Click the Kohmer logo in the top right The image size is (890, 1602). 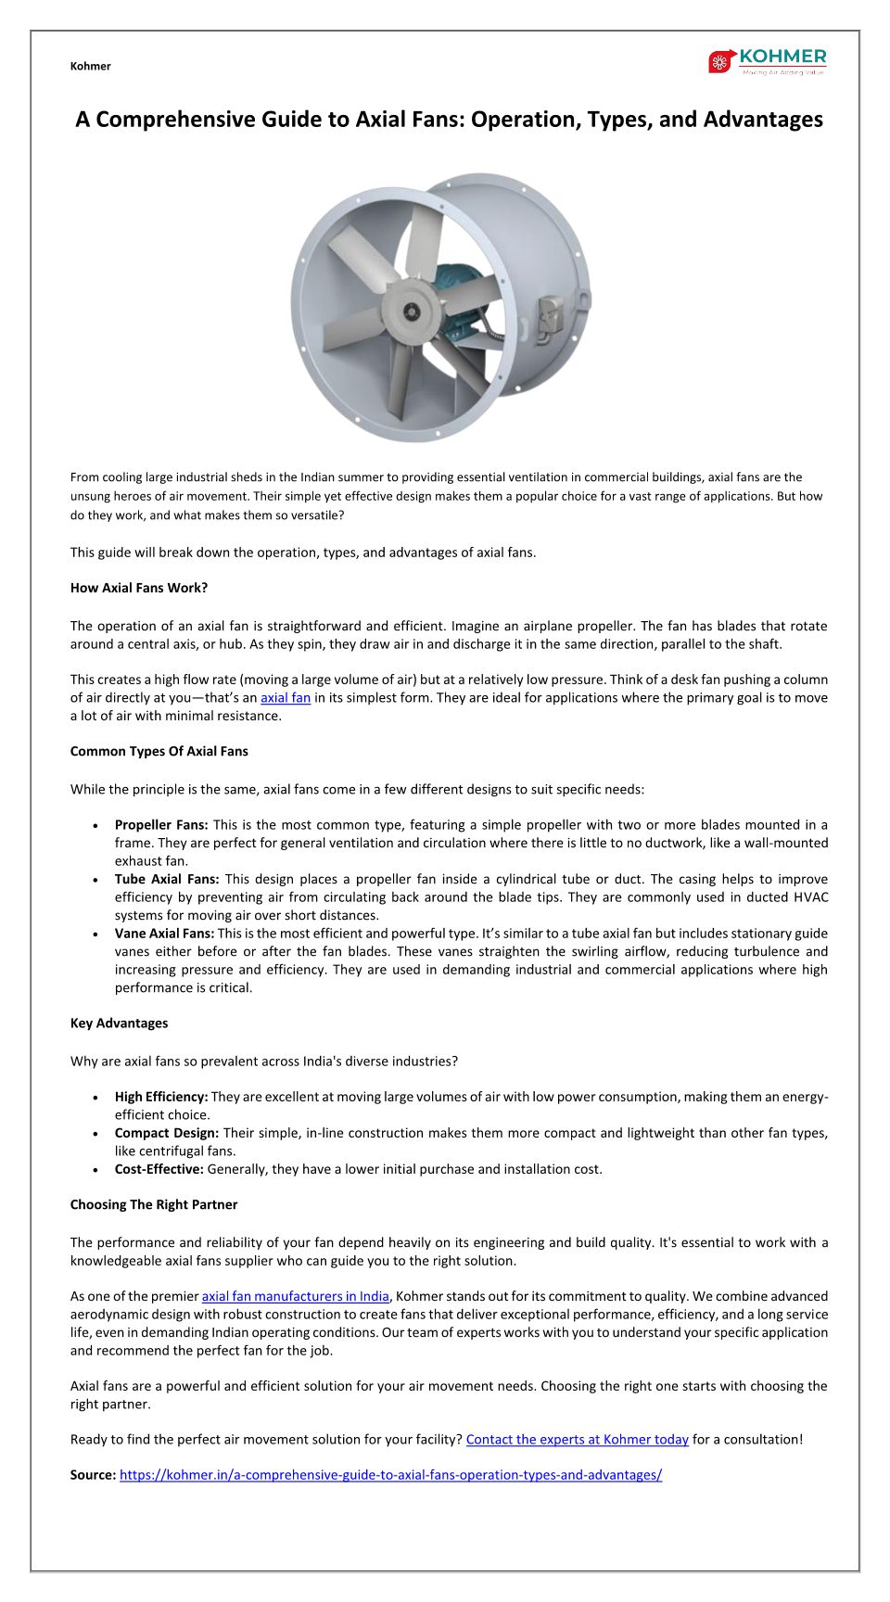click(x=767, y=61)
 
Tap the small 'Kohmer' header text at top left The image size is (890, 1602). click(x=90, y=66)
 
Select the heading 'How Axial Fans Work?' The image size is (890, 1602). click(x=139, y=588)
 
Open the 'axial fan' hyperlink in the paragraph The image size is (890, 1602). click(x=286, y=698)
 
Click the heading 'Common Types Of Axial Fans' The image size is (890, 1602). click(x=159, y=751)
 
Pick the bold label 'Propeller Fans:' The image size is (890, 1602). click(x=161, y=824)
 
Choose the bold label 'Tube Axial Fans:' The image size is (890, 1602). click(x=167, y=879)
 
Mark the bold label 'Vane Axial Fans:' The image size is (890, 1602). click(x=164, y=934)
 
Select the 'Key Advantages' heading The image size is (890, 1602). click(x=119, y=1023)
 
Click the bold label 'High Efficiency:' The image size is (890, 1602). click(x=161, y=1097)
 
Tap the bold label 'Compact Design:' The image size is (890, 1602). click(x=167, y=1133)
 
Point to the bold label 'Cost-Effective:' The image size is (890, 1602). click(x=159, y=1169)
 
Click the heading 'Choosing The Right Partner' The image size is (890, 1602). click(x=154, y=1204)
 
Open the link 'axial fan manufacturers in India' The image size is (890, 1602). click(x=296, y=1296)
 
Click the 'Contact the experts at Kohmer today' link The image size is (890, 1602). click(x=577, y=1440)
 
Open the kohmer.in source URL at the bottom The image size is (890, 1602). click(x=390, y=1475)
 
